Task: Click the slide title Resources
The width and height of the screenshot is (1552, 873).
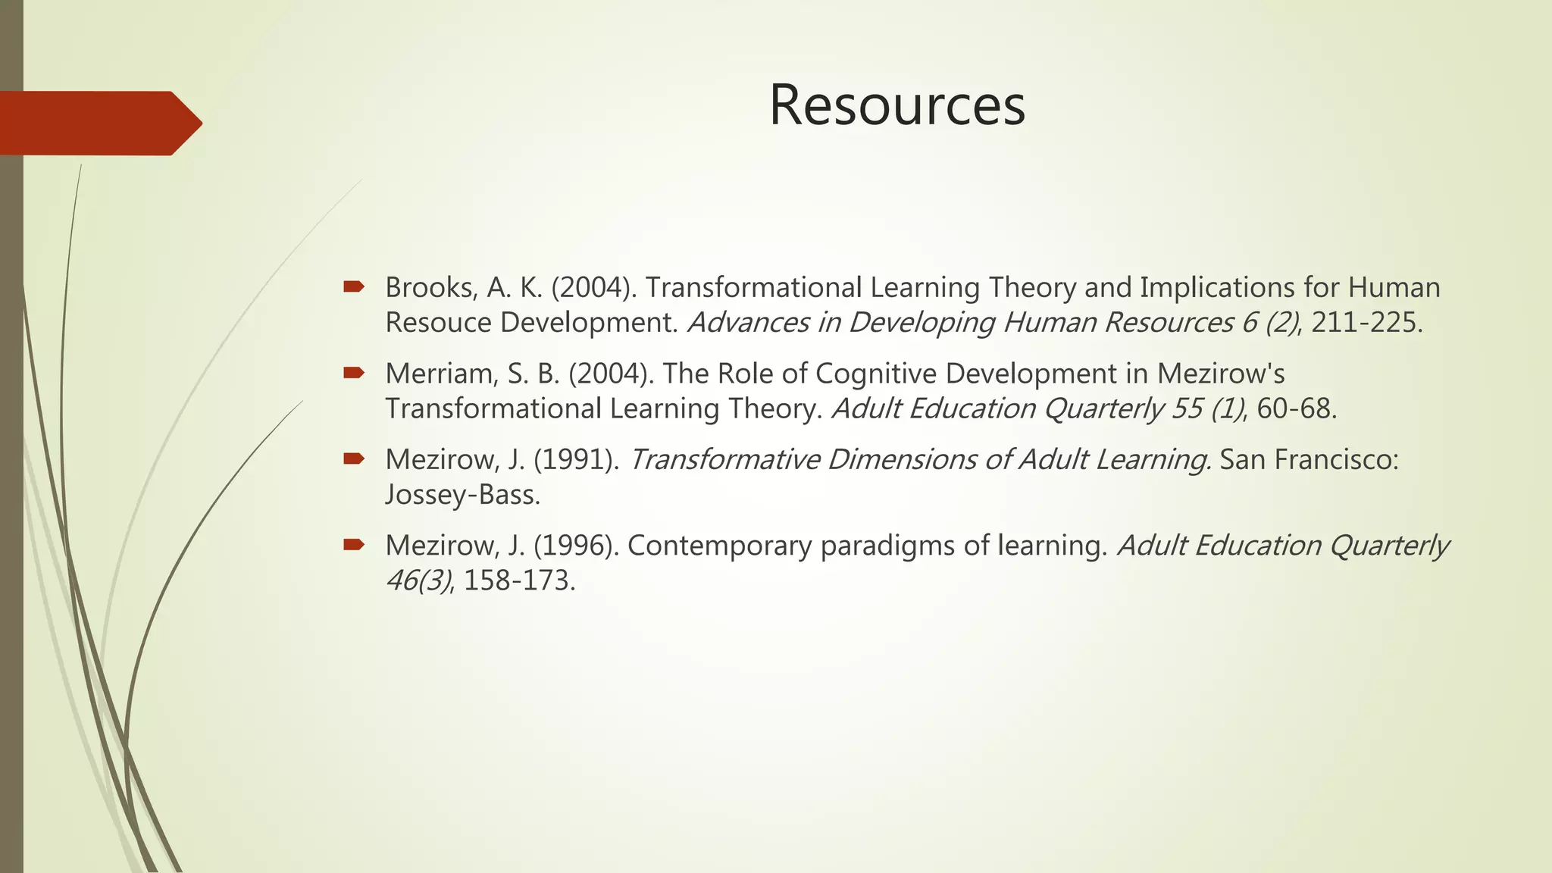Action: (x=896, y=105)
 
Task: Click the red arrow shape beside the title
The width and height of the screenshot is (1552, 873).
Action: (x=99, y=124)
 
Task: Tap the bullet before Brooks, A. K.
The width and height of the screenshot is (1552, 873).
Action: (x=354, y=286)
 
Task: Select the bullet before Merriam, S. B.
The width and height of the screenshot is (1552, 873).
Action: (x=354, y=372)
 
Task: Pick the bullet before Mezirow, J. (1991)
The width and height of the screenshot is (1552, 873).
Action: (x=354, y=458)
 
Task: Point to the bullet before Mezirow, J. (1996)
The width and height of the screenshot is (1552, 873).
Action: (x=354, y=544)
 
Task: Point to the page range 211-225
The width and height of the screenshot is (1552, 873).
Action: (x=1366, y=323)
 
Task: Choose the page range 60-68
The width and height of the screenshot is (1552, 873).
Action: (x=1296, y=409)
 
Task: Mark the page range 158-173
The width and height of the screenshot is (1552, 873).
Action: (x=519, y=581)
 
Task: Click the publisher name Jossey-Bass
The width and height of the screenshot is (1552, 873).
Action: (x=462, y=495)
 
